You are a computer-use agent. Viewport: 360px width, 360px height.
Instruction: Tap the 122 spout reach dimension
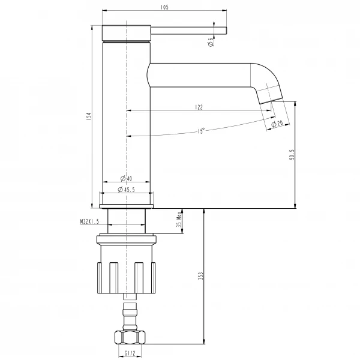(199, 107)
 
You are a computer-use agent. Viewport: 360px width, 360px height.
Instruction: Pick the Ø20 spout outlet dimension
(277, 123)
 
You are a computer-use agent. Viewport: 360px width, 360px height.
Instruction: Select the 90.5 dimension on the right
(291, 155)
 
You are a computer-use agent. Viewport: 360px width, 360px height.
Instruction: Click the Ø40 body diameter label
(126, 178)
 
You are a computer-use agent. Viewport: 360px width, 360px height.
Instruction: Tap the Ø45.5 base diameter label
(126, 190)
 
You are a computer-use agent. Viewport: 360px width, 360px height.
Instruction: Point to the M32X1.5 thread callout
(89, 221)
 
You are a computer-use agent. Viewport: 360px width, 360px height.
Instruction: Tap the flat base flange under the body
(126, 206)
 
